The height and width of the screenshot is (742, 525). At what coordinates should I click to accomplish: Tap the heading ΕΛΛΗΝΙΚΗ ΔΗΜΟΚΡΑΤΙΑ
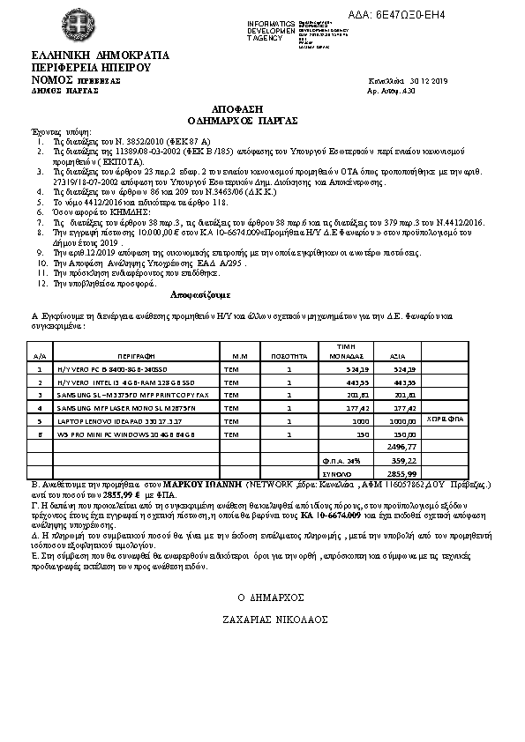pos(85,56)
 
